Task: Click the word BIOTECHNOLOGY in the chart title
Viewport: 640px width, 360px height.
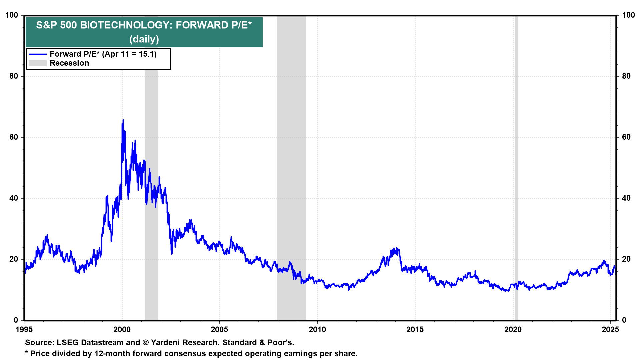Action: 125,25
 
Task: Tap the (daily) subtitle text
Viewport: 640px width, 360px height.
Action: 144,39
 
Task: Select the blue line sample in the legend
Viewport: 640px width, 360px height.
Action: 37,54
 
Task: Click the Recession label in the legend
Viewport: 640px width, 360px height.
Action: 69,63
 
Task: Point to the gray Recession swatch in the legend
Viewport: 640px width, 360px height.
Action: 37,63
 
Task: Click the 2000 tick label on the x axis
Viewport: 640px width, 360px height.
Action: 122,330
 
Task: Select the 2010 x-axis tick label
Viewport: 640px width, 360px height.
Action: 317,330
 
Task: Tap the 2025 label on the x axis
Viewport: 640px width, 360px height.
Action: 610,330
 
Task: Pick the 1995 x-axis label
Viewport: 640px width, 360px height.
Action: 24,330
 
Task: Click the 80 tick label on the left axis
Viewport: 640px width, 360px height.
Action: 14,76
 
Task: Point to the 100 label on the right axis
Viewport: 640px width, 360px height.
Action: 628,15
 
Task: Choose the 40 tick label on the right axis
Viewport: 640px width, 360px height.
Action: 626,198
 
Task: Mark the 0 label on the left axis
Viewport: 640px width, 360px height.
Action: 16,320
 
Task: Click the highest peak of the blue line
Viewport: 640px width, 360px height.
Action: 123,120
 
